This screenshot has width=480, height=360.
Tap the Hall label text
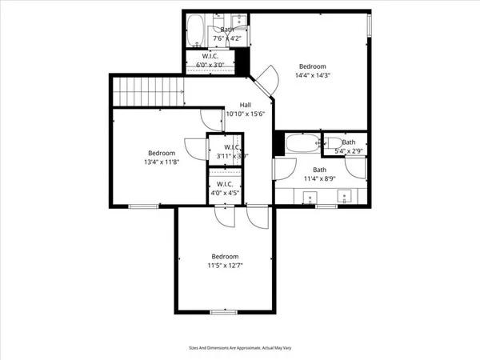click(x=246, y=105)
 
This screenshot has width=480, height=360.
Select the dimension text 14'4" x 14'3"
click(x=313, y=76)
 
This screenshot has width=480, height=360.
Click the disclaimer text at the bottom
click(x=239, y=348)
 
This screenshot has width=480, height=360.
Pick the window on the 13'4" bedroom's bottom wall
click(x=142, y=207)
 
